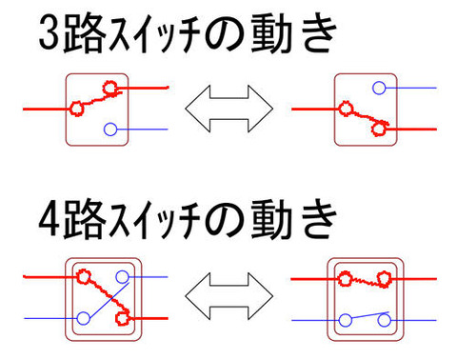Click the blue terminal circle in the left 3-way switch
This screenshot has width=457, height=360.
point(110,129)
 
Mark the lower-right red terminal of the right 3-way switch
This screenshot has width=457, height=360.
point(382,129)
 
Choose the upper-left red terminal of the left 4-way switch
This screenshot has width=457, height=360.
point(83,277)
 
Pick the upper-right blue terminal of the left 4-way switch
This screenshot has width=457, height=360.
point(124,277)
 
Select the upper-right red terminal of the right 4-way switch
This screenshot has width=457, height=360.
point(386,279)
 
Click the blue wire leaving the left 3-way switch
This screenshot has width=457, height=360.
point(143,129)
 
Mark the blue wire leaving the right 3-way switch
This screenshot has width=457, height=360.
point(414,88)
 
